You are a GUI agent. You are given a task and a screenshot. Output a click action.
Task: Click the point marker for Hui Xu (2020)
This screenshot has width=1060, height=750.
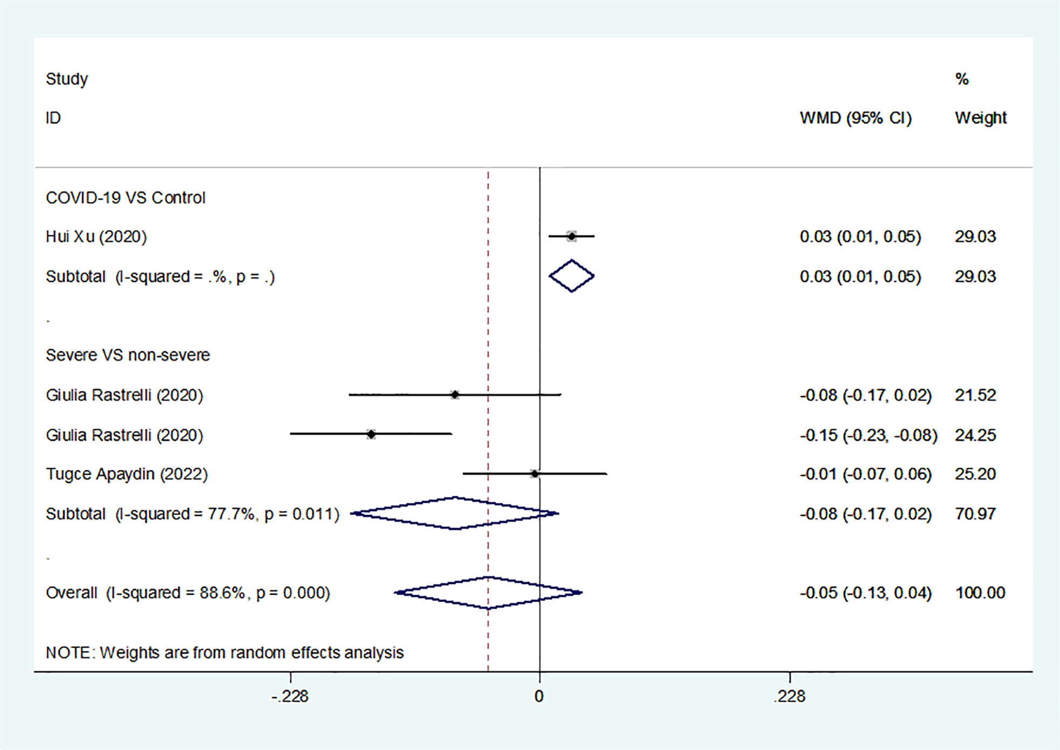pos(571,236)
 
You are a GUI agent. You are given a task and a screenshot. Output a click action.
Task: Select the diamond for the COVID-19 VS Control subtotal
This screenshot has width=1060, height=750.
pos(571,276)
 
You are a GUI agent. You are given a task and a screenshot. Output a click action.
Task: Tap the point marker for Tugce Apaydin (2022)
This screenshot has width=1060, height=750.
pos(534,474)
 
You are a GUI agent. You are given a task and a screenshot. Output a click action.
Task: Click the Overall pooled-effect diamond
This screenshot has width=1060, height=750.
pos(488,593)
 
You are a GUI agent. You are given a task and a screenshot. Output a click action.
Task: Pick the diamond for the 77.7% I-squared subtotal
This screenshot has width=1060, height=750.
pos(455,513)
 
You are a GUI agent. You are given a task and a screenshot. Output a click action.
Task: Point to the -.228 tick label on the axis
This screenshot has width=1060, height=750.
pos(290,696)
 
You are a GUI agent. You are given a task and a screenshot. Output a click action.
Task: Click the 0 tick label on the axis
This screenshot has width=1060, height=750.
pos(539,696)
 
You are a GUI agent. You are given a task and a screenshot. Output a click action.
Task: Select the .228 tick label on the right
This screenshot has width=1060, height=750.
pos(789,696)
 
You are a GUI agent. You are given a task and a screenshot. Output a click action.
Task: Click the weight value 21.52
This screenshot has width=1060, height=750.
pos(975,395)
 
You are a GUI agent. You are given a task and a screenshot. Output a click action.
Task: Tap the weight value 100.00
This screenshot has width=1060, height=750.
pos(980,593)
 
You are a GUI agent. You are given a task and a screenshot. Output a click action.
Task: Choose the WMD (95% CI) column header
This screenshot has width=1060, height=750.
pos(855,117)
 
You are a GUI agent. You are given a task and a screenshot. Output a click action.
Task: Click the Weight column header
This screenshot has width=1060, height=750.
pos(980,117)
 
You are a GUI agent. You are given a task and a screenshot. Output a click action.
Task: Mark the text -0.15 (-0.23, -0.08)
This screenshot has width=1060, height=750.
pos(868,435)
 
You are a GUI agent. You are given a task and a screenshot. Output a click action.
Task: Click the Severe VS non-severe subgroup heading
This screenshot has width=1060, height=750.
pos(128,355)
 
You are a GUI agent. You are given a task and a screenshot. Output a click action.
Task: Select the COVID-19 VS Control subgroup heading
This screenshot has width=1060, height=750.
pos(125,198)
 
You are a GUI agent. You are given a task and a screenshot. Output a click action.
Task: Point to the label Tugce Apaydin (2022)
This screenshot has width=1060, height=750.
pos(127,474)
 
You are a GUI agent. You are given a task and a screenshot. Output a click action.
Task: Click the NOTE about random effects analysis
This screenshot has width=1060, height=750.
pos(224,652)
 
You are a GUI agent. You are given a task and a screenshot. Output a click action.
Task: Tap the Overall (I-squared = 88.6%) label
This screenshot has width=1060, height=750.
pos(188,593)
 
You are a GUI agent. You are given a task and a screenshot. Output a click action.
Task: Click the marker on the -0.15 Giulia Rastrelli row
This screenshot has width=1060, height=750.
pos(371,434)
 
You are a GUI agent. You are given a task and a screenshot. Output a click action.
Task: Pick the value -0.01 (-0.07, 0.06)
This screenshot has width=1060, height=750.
pos(865,474)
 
